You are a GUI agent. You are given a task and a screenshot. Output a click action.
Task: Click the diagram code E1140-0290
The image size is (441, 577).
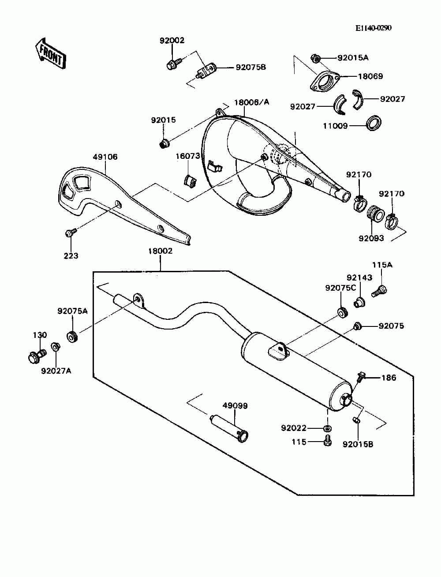coord(374,28)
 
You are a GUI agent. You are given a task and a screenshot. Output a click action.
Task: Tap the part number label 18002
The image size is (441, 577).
coord(160,251)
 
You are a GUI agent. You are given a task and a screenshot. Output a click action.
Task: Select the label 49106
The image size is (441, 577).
coord(105,157)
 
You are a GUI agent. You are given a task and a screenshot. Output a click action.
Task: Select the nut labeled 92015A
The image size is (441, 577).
coord(315,58)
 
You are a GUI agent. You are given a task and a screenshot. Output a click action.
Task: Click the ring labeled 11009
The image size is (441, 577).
coord(374,123)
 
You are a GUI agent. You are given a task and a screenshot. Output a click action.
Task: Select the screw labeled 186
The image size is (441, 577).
coord(360,378)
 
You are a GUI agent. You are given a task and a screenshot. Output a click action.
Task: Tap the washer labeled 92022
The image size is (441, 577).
coord(328,428)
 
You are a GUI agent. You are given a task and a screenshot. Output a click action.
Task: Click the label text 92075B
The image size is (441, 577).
coord(251,67)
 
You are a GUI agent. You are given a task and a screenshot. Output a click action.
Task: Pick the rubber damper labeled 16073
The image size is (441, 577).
coord(189,180)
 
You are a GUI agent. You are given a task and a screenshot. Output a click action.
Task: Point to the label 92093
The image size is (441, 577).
coord(371,238)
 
